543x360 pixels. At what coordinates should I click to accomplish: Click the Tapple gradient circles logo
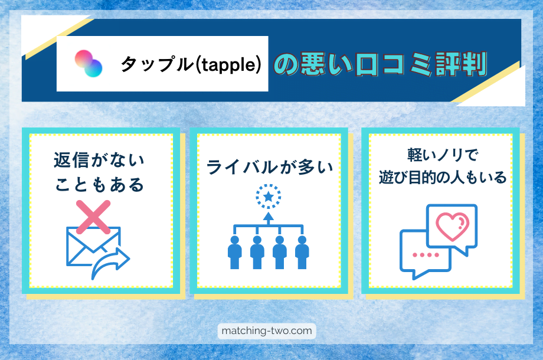(88, 63)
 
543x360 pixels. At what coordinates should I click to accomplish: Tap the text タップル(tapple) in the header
(191, 64)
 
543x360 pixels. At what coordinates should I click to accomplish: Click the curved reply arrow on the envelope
(112, 262)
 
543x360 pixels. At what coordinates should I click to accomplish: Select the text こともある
(99, 185)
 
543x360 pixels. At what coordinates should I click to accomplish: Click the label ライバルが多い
(269, 168)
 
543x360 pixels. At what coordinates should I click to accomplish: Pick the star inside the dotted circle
(269, 197)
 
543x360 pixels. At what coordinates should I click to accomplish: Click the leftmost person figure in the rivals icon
(235, 253)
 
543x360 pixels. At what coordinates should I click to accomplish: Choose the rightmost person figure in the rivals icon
(302, 253)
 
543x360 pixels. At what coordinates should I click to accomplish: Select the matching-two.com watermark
(267, 331)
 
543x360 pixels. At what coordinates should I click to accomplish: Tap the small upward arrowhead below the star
(269, 216)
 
